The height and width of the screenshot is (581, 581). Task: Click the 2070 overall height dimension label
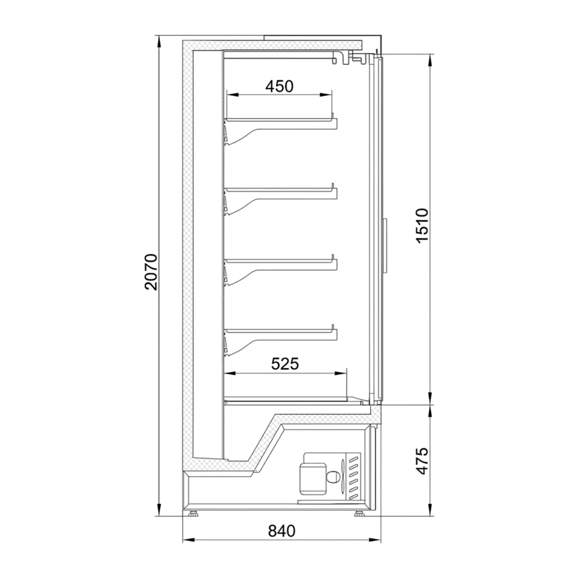151,272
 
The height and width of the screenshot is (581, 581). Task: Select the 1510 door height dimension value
422,226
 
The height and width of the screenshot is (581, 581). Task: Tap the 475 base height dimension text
422,461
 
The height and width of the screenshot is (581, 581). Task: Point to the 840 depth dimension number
281,531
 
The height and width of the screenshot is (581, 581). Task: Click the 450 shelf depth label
279,86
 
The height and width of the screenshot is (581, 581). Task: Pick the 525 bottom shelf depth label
285,363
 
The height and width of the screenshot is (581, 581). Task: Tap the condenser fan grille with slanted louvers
353,477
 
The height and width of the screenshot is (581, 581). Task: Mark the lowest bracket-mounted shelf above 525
281,330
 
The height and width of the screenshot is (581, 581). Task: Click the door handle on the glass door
386,245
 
